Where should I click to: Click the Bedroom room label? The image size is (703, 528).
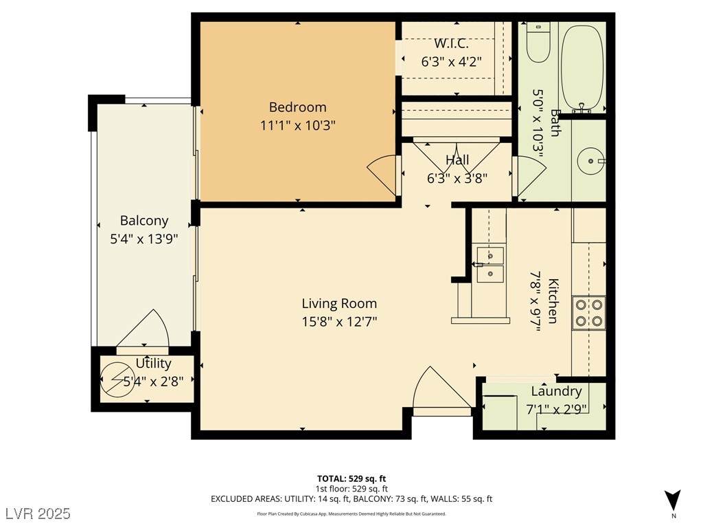tap(297, 107)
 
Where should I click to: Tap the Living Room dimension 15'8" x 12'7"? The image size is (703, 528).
tap(339, 322)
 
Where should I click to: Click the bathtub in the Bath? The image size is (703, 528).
tap(582, 68)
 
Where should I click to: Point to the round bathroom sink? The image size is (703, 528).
tap(590, 160)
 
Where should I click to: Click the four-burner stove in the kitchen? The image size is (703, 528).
tap(588, 313)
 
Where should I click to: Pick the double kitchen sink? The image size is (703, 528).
tap(490, 265)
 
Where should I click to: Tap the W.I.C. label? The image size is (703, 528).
tap(451, 44)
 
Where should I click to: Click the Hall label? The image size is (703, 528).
tap(457, 159)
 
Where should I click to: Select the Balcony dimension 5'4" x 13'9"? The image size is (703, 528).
tap(144, 239)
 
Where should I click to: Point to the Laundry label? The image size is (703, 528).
tap(556, 391)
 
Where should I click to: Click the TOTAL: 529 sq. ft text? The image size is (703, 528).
tap(351, 478)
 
